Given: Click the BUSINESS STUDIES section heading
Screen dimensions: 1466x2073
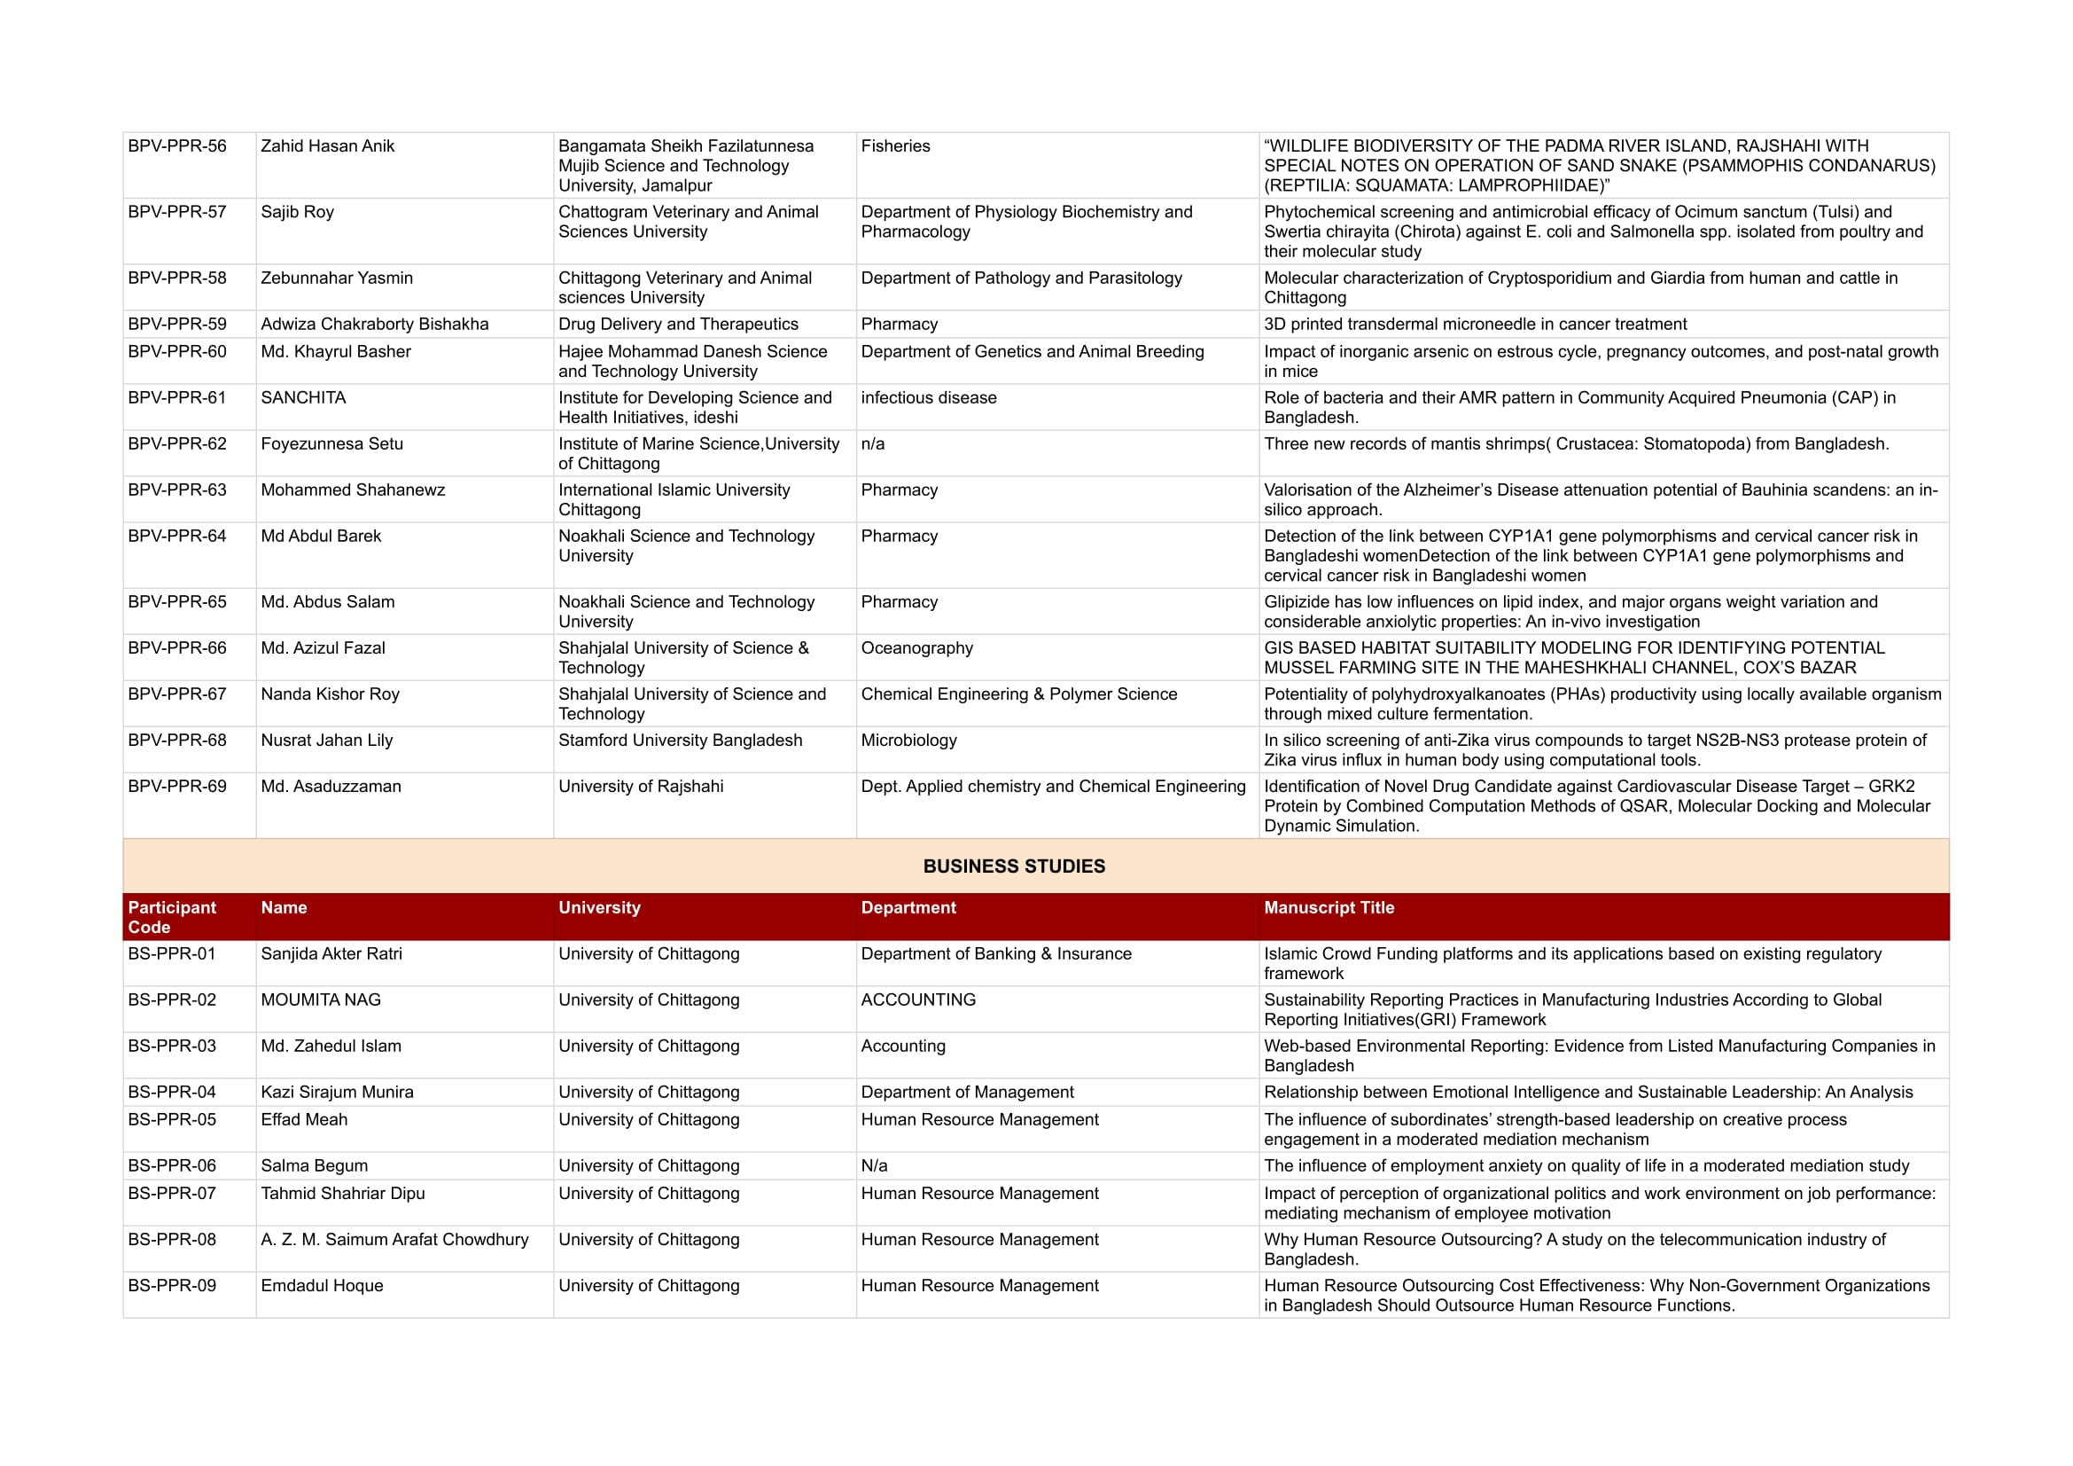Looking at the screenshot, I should [x=1013, y=866].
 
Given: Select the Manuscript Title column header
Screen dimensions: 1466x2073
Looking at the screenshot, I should [x=1329, y=908].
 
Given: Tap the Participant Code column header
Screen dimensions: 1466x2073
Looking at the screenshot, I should [x=172, y=917].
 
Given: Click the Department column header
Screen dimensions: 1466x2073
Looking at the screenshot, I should [x=908, y=908].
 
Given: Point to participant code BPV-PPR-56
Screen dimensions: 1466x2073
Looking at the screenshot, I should [x=177, y=146].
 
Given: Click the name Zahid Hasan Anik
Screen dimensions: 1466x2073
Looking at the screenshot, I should [x=327, y=146].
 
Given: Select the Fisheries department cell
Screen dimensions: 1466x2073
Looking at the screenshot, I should [x=895, y=146].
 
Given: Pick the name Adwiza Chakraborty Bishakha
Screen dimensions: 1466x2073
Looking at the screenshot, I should [x=374, y=325].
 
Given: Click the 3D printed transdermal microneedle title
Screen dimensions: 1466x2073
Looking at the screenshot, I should [x=1475, y=325].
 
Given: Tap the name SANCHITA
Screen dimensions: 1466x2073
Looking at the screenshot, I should [x=302, y=397].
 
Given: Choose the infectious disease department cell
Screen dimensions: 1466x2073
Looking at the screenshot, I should [x=928, y=397].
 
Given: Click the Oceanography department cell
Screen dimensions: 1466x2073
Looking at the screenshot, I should [x=916, y=647].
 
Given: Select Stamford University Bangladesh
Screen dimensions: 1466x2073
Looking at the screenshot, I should [x=679, y=740].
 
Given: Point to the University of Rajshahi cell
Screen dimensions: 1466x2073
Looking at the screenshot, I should [x=640, y=786].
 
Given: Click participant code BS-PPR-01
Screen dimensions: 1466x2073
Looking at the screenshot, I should [x=172, y=954].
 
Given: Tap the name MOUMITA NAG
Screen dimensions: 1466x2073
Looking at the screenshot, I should [x=321, y=1000].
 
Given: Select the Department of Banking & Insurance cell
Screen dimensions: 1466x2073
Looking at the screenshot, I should [x=995, y=954].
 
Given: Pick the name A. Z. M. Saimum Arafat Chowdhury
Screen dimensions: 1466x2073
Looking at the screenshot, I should [x=394, y=1239].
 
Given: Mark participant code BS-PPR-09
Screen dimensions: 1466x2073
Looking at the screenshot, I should [x=172, y=1285].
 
